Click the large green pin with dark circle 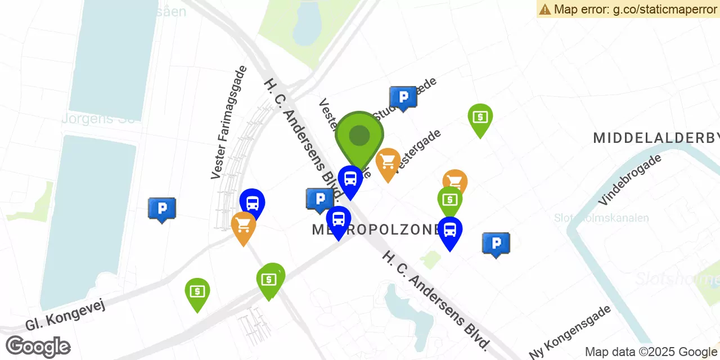(x=359, y=137)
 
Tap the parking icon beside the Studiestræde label (x=403, y=98)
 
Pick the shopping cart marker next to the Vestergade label (x=388, y=163)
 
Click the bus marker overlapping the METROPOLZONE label (x=339, y=220)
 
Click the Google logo (x=38, y=346)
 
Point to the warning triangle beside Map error (x=544, y=9)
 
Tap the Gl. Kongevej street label (x=65, y=314)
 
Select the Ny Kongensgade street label (x=570, y=332)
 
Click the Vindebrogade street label (x=630, y=179)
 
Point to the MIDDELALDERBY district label (x=656, y=138)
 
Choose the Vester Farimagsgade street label (x=229, y=123)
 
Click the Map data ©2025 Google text (x=651, y=352)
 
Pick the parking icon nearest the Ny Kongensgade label (x=496, y=244)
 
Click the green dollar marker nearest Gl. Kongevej (x=197, y=292)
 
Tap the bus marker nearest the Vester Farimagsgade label (x=253, y=204)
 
